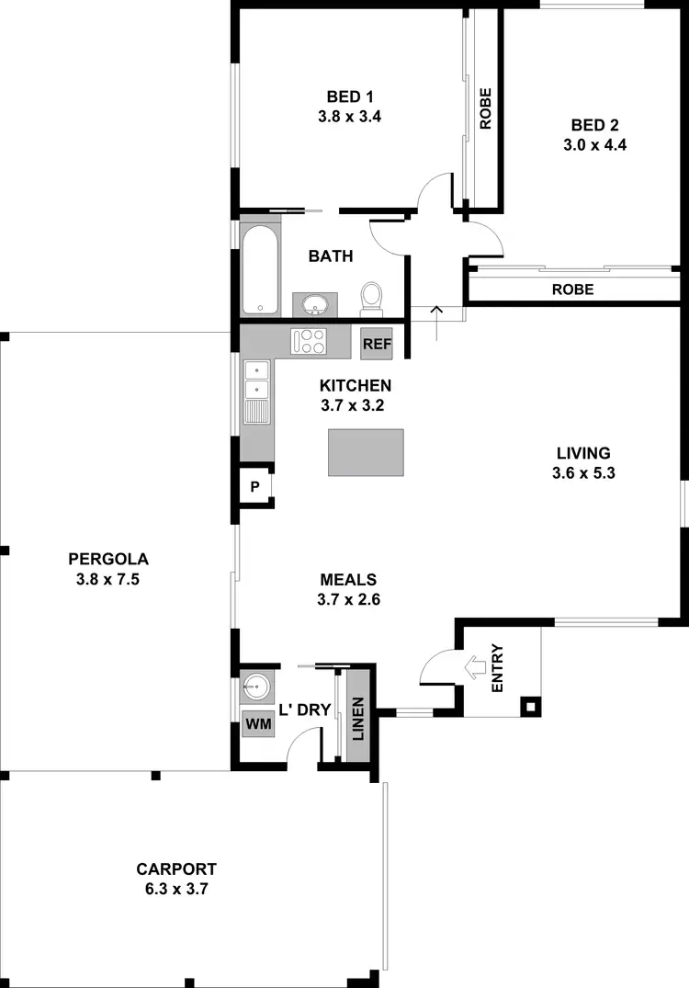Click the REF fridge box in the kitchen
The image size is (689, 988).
377,344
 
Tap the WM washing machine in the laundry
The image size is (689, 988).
255,723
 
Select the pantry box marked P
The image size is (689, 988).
255,486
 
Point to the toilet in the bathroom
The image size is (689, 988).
372,297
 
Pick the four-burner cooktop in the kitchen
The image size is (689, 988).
307,342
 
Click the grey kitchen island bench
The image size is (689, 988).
366,452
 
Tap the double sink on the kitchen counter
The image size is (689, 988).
257,391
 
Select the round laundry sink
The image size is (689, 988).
256,686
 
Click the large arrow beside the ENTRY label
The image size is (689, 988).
477,666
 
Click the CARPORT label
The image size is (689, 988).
176,869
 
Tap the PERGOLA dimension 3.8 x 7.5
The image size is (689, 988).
108,579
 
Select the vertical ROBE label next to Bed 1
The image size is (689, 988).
485,108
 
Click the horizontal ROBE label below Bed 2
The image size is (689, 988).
572,289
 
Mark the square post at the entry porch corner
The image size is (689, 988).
530,707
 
